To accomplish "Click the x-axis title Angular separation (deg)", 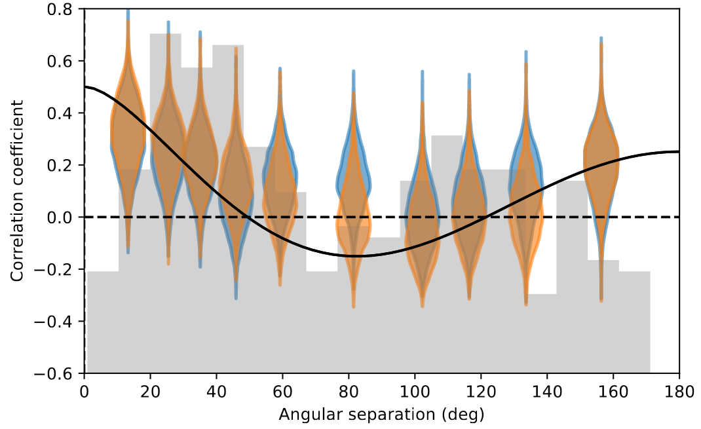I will (x=381, y=414).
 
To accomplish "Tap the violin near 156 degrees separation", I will (x=601, y=164).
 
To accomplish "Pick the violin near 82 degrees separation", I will (x=354, y=196).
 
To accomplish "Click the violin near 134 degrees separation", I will (x=525, y=196).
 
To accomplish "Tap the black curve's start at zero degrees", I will (x=86, y=86).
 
